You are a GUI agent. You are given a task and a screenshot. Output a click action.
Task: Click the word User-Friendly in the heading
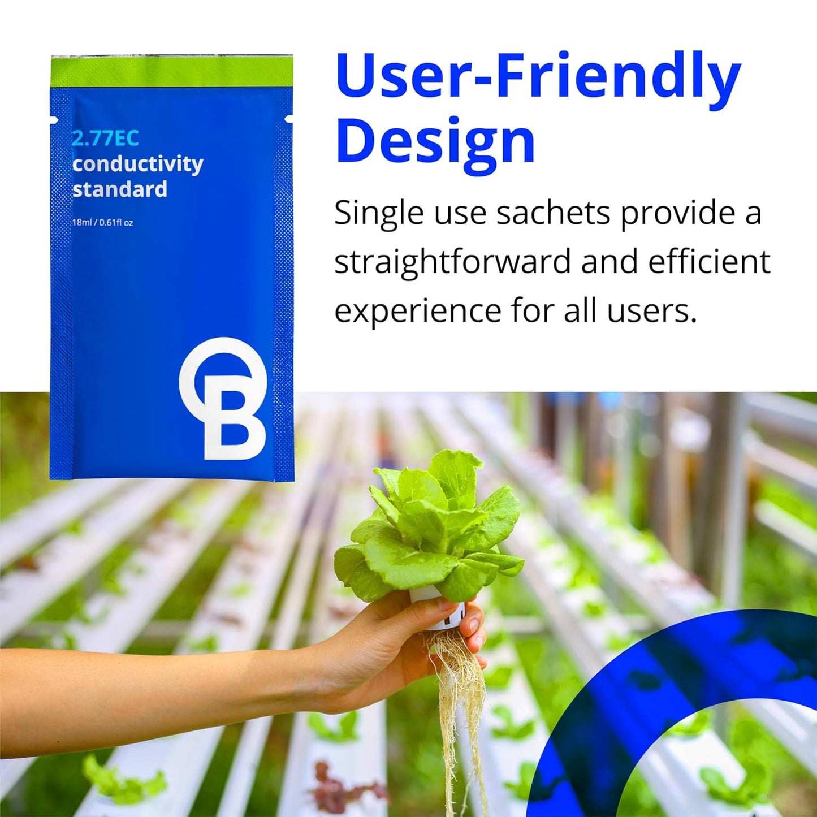point(538,80)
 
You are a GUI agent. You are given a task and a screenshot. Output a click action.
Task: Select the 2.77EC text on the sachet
point(106,139)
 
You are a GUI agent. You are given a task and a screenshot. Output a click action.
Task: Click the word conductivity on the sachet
point(138,165)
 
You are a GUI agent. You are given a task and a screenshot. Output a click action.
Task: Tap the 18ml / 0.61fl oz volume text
point(103,222)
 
